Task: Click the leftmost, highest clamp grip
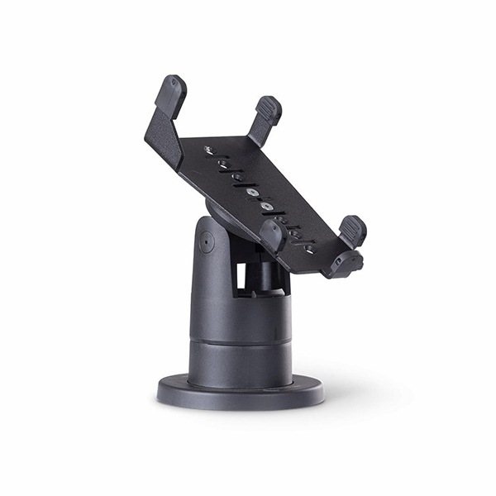pyautogui.click(x=171, y=93)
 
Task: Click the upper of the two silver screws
pyautogui.click(x=250, y=193)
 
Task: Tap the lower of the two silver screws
pyautogui.click(x=266, y=205)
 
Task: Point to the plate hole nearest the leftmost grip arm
pyautogui.click(x=209, y=150)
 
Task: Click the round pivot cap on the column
pyautogui.click(x=206, y=241)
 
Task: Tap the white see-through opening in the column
pyautogui.click(x=241, y=279)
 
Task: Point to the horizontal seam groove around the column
pyautogui.click(x=240, y=337)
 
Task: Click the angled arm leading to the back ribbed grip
pyautogui.click(x=257, y=131)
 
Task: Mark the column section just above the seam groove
pyautogui.click(x=240, y=318)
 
